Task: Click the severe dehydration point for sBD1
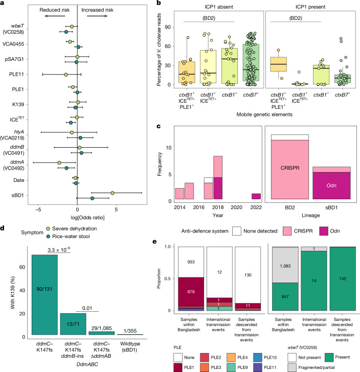112,193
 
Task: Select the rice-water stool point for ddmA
66,168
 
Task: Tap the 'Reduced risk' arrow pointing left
55,16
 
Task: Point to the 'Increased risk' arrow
97,16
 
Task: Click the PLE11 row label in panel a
16,74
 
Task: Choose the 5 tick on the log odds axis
116,210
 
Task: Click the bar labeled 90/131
44,295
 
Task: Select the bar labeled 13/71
73,324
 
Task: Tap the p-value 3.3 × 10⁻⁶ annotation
59,249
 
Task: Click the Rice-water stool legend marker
48,236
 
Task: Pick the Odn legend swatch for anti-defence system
324,231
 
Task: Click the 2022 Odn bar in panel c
256,196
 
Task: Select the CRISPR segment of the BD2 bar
290,170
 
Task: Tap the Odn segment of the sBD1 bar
331,185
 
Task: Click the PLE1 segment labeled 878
191,292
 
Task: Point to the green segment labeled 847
285,296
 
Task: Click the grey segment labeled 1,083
285,265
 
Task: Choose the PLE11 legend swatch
258,367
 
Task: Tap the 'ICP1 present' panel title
310,7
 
